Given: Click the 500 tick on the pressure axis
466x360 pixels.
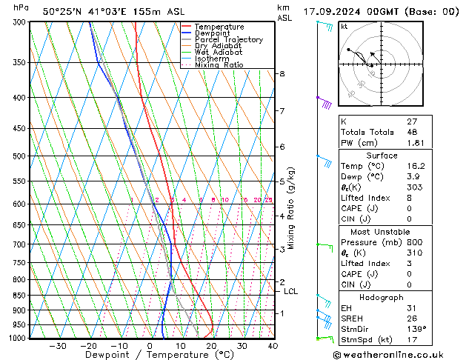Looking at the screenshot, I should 19,156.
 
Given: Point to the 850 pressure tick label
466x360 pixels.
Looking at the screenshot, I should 19,295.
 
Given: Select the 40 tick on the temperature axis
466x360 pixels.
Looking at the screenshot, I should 273,345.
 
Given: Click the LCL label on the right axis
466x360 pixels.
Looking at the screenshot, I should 291,292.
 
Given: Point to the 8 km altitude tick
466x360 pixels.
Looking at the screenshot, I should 282,74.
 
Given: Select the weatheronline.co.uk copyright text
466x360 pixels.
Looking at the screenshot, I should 399,353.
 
